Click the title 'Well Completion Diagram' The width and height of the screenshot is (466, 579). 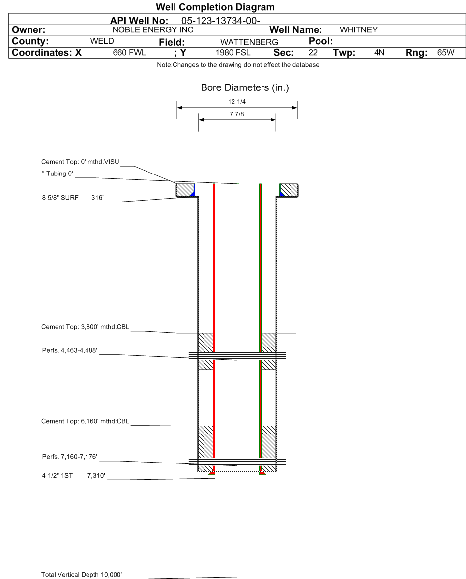point(215,7)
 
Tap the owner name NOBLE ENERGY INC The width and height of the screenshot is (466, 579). point(153,30)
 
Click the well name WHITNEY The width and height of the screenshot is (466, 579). point(358,30)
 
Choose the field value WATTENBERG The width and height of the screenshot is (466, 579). point(249,42)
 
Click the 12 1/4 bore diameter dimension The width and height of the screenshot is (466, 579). point(237,102)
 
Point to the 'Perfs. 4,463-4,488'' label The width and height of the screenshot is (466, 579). point(71,350)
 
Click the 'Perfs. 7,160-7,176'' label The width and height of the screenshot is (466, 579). point(70,457)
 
